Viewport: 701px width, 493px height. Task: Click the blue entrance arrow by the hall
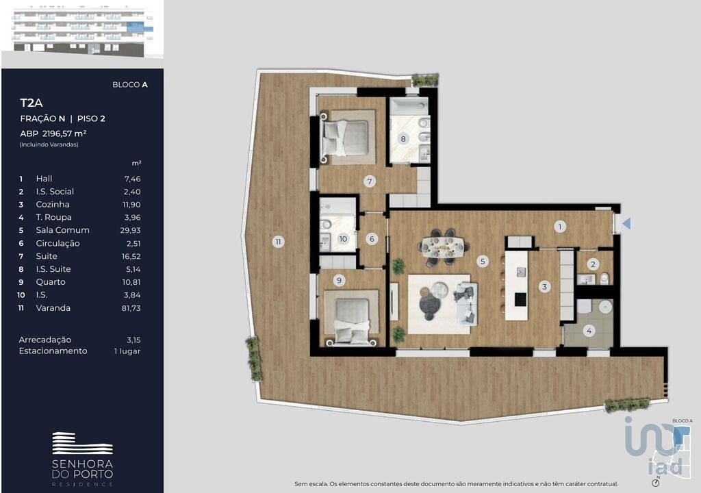(x=627, y=223)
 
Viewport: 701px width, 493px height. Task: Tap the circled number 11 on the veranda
(x=278, y=242)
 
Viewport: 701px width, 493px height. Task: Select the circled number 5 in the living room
(x=483, y=262)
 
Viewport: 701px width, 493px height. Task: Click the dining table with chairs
(x=444, y=247)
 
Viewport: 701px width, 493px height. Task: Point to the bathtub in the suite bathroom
(x=409, y=106)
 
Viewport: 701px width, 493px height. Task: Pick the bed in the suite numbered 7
(x=346, y=138)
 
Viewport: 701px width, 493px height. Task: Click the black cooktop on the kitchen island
(x=520, y=299)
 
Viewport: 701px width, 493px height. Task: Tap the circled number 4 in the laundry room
(x=589, y=331)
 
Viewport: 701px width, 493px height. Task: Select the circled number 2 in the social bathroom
(x=594, y=264)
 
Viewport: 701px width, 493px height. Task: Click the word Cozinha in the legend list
(x=53, y=205)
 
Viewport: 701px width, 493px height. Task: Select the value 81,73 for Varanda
(x=131, y=308)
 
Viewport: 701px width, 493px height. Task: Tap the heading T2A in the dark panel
(x=31, y=103)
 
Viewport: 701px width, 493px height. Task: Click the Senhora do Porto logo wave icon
(x=83, y=444)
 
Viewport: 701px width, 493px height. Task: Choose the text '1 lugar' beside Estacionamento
(x=127, y=351)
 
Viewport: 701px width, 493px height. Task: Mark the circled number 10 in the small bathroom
(x=343, y=239)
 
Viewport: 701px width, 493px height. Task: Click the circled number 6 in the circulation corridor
(x=372, y=239)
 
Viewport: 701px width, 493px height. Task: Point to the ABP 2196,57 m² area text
(x=53, y=134)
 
